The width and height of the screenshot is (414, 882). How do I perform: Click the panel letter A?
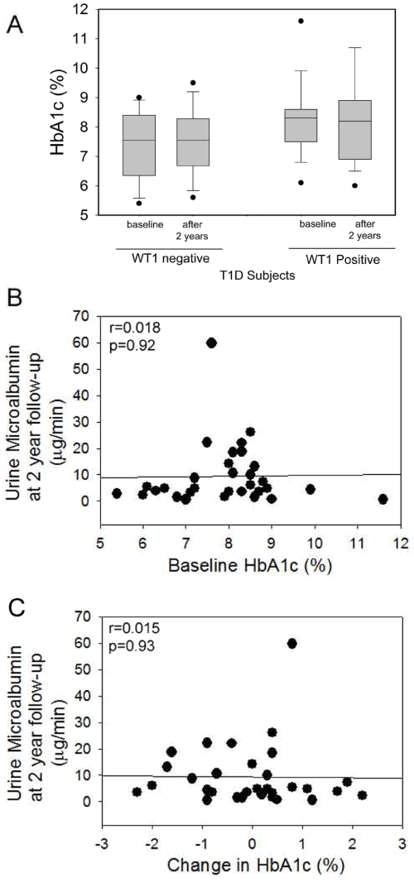click(x=14, y=24)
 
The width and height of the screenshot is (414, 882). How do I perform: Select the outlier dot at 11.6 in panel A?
click(x=301, y=21)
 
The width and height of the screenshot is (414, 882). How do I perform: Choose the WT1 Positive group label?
click(x=342, y=259)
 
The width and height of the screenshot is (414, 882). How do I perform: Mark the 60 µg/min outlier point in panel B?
click(x=212, y=343)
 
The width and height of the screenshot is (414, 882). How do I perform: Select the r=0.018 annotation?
click(x=128, y=328)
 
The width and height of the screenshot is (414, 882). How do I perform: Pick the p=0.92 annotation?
click(x=126, y=343)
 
